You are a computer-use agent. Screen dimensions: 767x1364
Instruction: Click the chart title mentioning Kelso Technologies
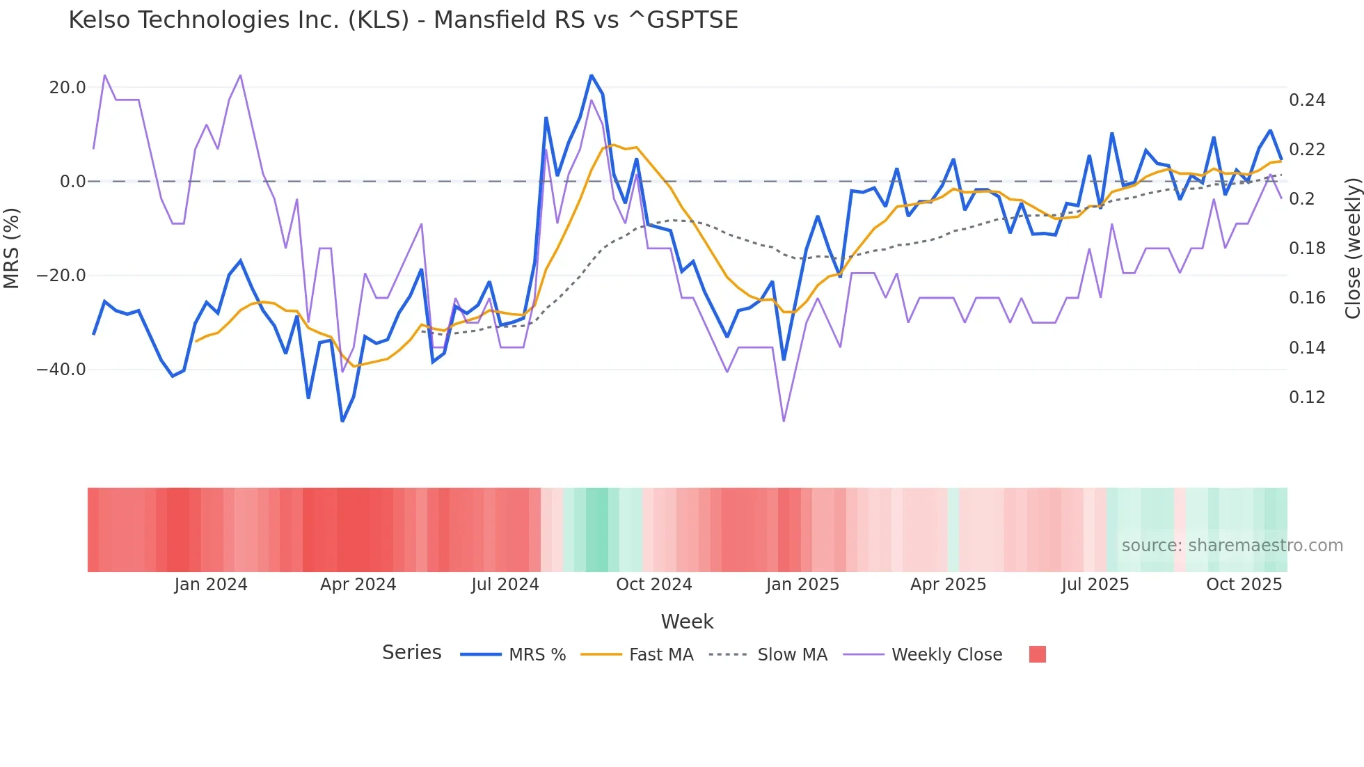pos(403,19)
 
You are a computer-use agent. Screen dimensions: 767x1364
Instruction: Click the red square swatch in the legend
pos(1037,654)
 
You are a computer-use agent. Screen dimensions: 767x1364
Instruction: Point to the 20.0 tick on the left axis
pos(68,88)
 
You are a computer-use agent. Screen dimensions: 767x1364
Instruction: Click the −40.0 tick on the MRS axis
pos(62,370)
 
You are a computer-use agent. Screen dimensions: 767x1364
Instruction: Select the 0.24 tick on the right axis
pos(1307,100)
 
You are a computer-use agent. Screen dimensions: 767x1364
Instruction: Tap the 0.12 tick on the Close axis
pos(1307,397)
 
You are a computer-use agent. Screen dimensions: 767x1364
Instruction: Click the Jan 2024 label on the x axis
pos(211,585)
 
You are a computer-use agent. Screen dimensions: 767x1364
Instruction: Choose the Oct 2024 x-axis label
pos(654,585)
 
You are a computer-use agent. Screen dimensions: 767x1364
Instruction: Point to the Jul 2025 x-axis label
pos(1095,585)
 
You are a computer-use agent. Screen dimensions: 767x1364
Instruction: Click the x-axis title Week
pos(687,622)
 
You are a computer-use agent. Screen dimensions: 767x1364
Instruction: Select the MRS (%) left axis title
pos(12,248)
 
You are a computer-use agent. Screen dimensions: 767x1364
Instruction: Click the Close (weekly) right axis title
pos(1352,248)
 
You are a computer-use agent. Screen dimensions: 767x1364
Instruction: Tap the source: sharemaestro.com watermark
pos(1232,546)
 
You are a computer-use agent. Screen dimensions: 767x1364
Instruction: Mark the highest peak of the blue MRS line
pos(592,75)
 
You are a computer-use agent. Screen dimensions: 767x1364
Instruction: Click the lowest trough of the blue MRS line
pos(342,421)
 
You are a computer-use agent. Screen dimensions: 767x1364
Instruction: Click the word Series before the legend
pos(411,653)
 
